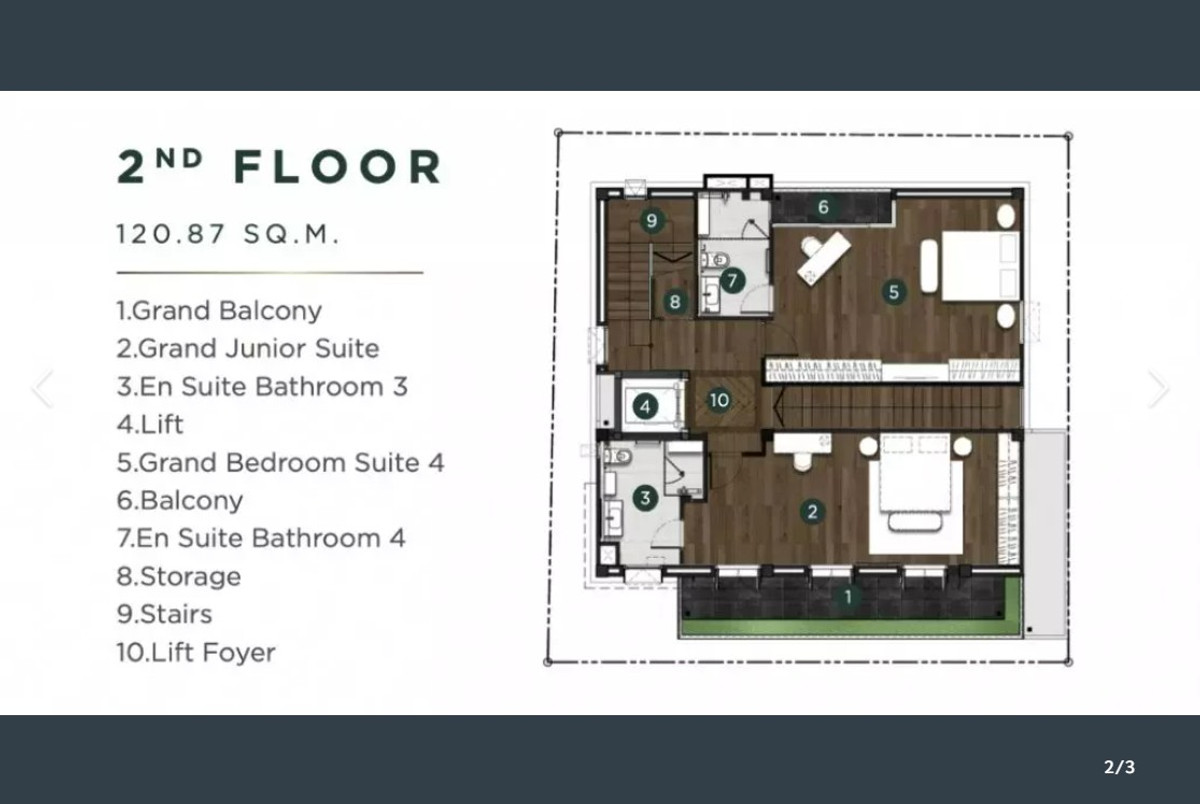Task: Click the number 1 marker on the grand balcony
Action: click(848, 597)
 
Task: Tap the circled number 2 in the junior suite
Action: click(812, 512)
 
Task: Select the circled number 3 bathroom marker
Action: click(645, 498)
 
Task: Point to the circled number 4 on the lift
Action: click(645, 407)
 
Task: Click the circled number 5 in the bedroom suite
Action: click(894, 292)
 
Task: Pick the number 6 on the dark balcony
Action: click(823, 207)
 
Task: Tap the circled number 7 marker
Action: click(732, 280)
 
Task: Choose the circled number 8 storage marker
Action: click(675, 302)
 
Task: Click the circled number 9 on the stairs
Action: click(652, 220)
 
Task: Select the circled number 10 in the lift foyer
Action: click(719, 400)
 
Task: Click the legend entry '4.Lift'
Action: click(150, 424)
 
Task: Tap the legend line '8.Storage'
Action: click(179, 576)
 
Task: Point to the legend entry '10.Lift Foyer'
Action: click(196, 652)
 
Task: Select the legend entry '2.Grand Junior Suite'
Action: click(248, 348)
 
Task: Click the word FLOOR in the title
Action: click(338, 167)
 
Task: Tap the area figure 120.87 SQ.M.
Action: click(228, 234)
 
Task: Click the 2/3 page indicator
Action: click(1120, 767)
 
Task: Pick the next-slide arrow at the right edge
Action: click(1158, 388)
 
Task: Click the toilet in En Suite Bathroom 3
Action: click(617, 457)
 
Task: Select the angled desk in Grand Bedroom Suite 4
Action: click(823, 258)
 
